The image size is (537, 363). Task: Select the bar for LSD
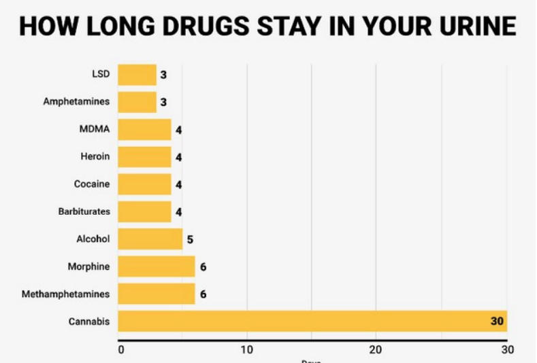[x=137, y=75]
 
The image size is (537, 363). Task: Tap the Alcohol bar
[x=150, y=239]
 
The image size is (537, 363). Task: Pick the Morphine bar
[x=156, y=266]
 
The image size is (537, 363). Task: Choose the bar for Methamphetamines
[x=156, y=294]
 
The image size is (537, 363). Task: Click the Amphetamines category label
[x=76, y=102]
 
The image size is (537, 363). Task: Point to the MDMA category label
[x=95, y=129]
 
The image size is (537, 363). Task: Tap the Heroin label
[x=95, y=157]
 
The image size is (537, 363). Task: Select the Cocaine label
[x=92, y=184]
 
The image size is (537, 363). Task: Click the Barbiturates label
[x=84, y=211]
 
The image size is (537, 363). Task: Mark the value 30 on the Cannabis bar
[x=497, y=321]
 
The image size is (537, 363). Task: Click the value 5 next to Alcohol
[x=191, y=239]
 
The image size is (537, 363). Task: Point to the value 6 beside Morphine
[x=203, y=266]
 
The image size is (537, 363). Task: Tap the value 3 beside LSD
[x=163, y=75]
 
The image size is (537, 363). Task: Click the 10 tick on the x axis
[x=247, y=350]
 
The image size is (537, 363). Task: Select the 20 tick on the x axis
[x=375, y=350]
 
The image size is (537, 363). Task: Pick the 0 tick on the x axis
[x=121, y=350]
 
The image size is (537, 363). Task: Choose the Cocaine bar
[x=144, y=184]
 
